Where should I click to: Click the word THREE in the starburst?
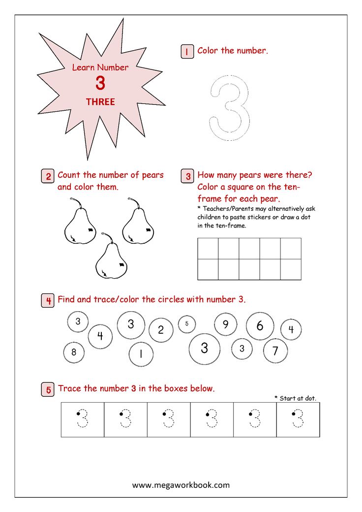click(x=100, y=102)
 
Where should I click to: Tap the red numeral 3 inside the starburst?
click(x=100, y=84)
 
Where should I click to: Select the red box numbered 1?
click(x=187, y=52)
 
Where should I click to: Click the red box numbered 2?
click(x=47, y=176)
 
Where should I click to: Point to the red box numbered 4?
click(x=47, y=301)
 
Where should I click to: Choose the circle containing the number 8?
click(x=74, y=352)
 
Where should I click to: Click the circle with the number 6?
click(x=260, y=325)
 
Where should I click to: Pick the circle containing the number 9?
click(x=225, y=324)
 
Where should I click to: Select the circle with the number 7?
click(x=275, y=351)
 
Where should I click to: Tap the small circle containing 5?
click(x=187, y=323)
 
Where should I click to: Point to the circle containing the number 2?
click(x=160, y=330)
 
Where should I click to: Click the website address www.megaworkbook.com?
click(x=181, y=485)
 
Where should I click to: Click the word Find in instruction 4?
click(x=66, y=299)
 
